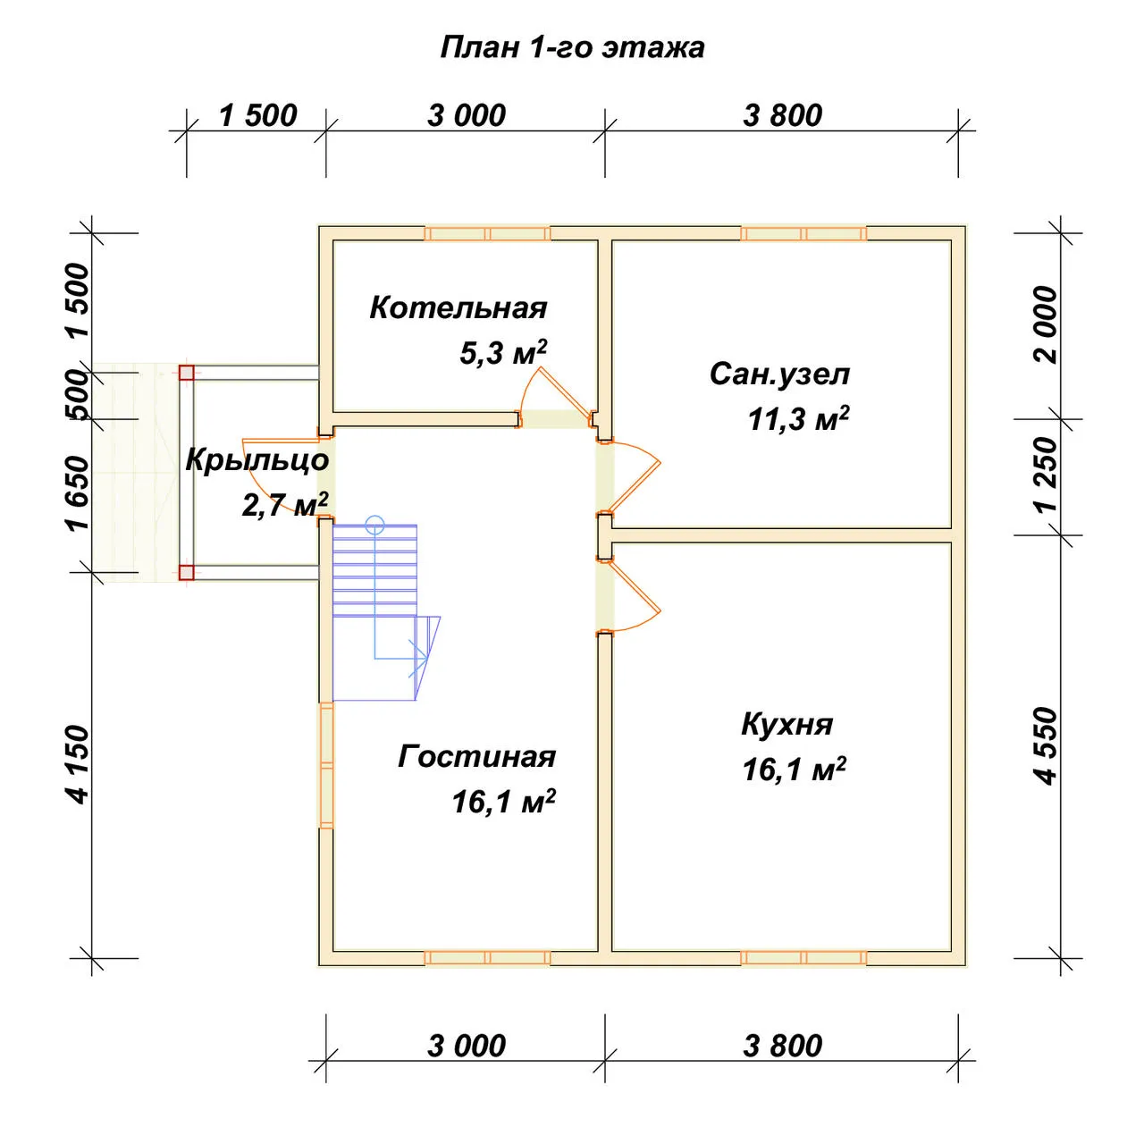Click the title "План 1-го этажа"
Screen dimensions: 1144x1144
(x=572, y=48)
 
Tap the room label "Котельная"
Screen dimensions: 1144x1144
(x=458, y=307)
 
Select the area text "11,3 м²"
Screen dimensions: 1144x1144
(x=798, y=419)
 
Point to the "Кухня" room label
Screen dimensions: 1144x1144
(x=786, y=724)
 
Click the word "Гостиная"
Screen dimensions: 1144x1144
(x=476, y=757)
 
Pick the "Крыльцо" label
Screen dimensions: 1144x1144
(x=257, y=460)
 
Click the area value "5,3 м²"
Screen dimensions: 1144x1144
(x=503, y=353)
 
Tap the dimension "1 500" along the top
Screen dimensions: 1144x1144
(x=257, y=115)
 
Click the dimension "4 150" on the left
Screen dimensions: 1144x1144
(x=78, y=765)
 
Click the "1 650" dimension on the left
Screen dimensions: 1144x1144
(x=78, y=493)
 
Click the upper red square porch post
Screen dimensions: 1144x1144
(x=187, y=372)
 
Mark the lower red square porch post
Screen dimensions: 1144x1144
(x=187, y=572)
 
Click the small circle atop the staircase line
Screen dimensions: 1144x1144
(x=374, y=525)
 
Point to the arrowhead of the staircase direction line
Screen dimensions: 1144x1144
(x=419, y=659)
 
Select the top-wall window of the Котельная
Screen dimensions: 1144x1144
(x=487, y=233)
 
